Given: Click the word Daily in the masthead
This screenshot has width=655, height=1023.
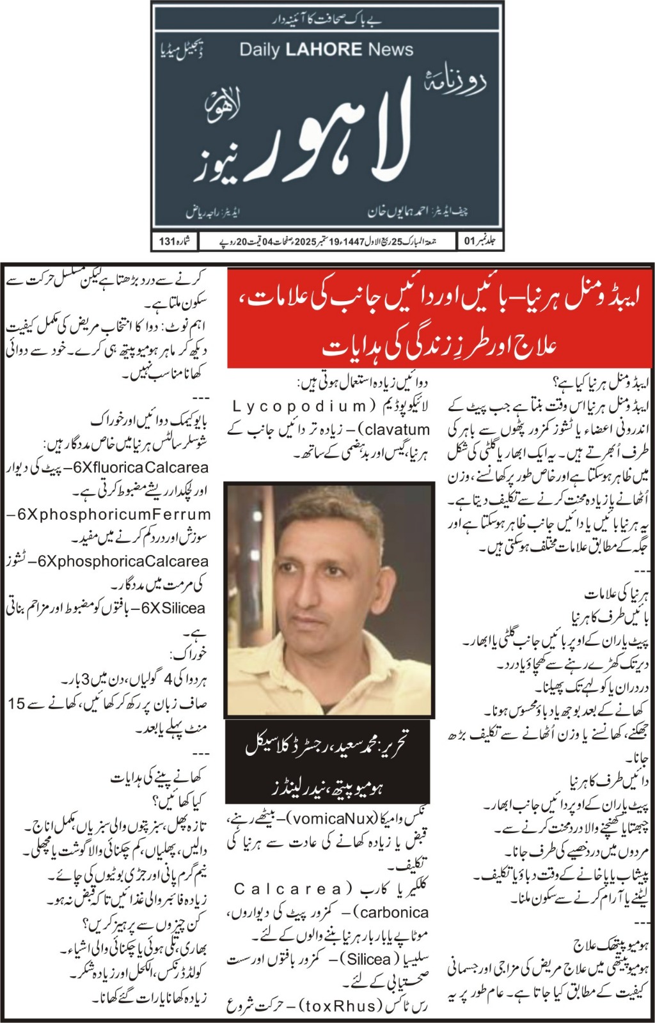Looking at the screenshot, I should click(259, 50).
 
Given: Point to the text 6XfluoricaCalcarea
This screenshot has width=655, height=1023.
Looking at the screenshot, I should click(140, 467).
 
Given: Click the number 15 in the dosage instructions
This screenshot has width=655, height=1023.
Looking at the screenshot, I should click(17, 703).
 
